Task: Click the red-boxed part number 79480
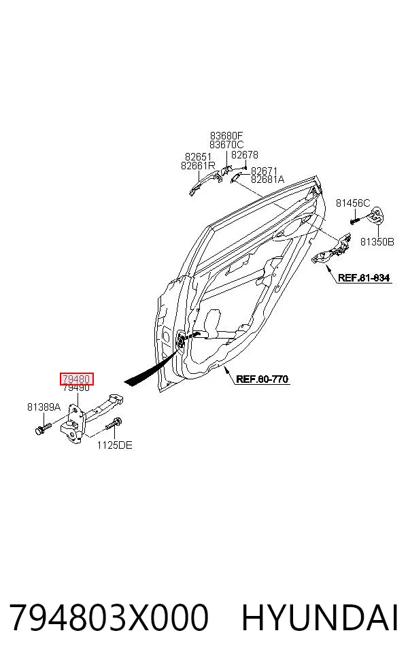point(76,379)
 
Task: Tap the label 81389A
point(44,407)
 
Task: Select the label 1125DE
point(114,445)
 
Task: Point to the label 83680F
point(226,136)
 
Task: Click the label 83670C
point(226,145)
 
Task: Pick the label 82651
point(198,157)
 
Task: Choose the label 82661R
point(198,165)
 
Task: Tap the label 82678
point(245,155)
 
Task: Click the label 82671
point(264,171)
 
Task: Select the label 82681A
point(268,179)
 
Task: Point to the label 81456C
point(353,203)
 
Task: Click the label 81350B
point(377,242)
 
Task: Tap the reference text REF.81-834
point(364,278)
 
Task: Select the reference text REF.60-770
point(262,379)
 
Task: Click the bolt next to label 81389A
point(43,428)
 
